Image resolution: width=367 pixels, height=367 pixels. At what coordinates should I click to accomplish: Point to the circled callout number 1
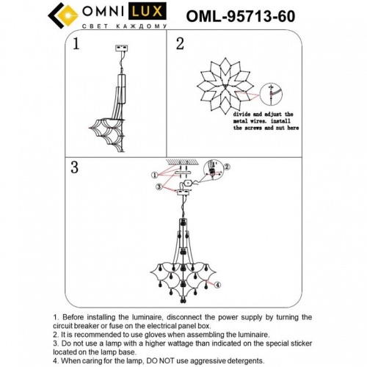[x=154, y=175]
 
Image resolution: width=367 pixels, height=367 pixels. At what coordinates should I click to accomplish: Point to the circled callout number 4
[x=217, y=284]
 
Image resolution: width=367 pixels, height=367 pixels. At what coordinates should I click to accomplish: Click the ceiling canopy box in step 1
[x=123, y=49]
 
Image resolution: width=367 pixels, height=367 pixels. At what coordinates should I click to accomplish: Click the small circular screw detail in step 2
[x=273, y=92]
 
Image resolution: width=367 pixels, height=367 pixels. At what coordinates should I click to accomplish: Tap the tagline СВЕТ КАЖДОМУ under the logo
[x=100, y=28]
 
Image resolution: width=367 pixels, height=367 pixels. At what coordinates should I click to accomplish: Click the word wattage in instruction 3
[x=178, y=342]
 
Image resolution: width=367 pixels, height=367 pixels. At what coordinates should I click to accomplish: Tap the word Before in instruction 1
[x=74, y=317]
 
